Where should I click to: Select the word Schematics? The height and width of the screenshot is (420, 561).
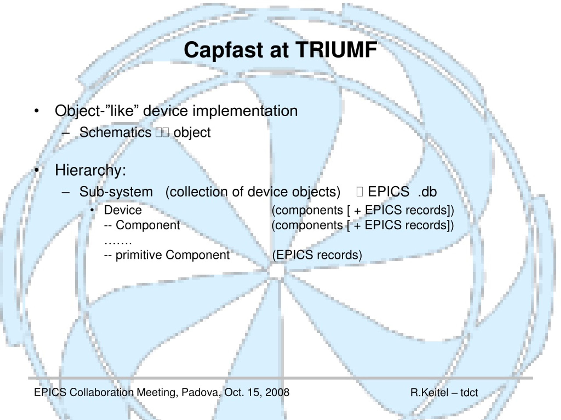click(x=115, y=132)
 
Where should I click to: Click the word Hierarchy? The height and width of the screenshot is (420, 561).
click(x=91, y=170)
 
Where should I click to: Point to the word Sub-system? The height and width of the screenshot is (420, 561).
click(x=116, y=192)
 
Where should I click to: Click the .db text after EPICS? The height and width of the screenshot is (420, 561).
click(x=427, y=192)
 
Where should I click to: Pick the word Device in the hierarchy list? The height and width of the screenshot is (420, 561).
click(x=123, y=210)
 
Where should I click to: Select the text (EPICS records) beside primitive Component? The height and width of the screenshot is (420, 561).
click(x=317, y=255)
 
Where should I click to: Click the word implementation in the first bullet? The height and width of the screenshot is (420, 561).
click(x=245, y=111)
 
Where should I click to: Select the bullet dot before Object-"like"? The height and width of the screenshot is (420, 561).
click(x=37, y=111)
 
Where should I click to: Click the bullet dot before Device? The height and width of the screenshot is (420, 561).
click(x=92, y=210)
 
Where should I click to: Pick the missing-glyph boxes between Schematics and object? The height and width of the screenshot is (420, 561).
click(x=162, y=132)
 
